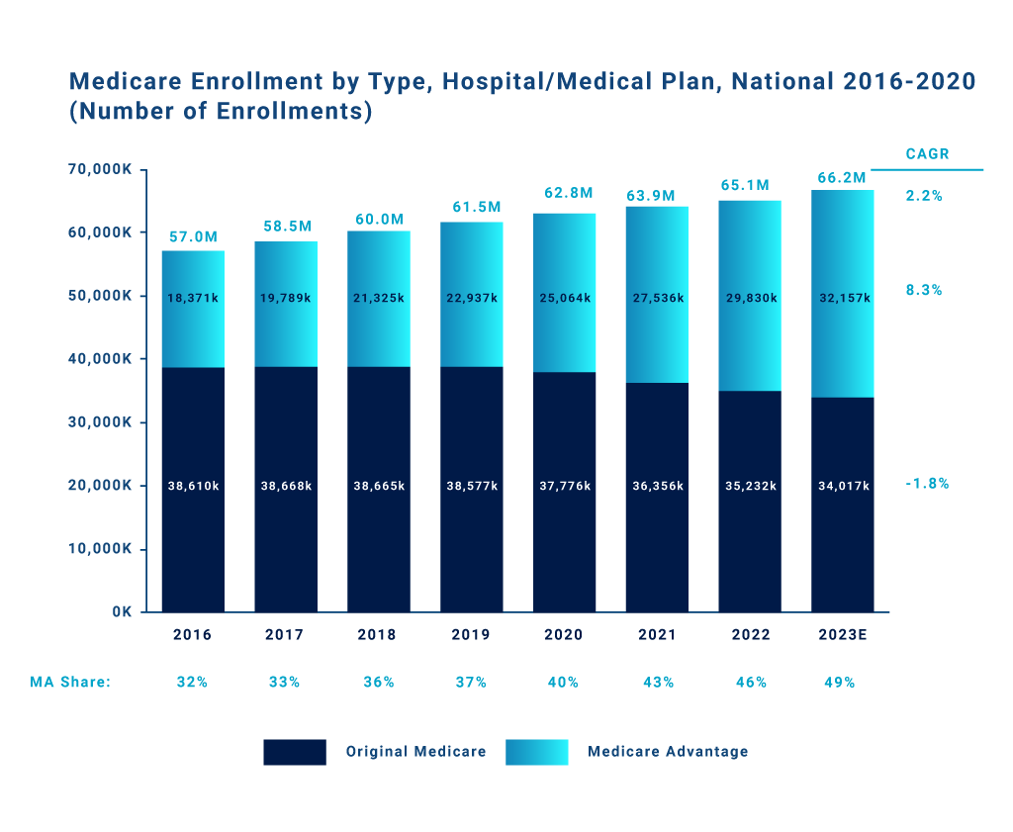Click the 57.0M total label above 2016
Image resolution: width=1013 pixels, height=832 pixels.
click(x=192, y=237)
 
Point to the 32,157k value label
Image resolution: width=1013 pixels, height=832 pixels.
click(x=844, y=298)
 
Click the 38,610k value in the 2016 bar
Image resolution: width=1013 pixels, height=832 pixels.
click(x=192, y=486)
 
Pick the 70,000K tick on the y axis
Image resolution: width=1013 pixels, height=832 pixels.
click(x=100, y=170)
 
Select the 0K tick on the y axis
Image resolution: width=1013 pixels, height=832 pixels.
click(x=122, y=612)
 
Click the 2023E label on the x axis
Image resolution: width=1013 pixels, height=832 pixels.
click(x=842, y=635)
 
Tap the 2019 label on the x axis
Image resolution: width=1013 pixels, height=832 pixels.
click(x=471, y=635)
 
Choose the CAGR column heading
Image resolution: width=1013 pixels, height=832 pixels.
click(x=927, y=154)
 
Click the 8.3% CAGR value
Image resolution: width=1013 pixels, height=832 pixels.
click(x=923, y=291)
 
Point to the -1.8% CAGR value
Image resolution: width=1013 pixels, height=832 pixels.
click(x=927, y=484)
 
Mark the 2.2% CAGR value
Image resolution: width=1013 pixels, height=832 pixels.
click(x=923, y=196)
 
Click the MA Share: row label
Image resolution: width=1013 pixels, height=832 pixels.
click(x=70, y=682)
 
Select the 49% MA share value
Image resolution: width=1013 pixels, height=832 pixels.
click(x=839, y=682)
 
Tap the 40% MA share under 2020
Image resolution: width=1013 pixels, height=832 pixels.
click(x=563, y=682)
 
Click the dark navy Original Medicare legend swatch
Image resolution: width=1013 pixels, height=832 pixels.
click(x=294, y=752)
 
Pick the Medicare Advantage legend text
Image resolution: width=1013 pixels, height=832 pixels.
click(x=668, y=752)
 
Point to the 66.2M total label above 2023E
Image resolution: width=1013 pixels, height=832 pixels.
click(x=842, y=178)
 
